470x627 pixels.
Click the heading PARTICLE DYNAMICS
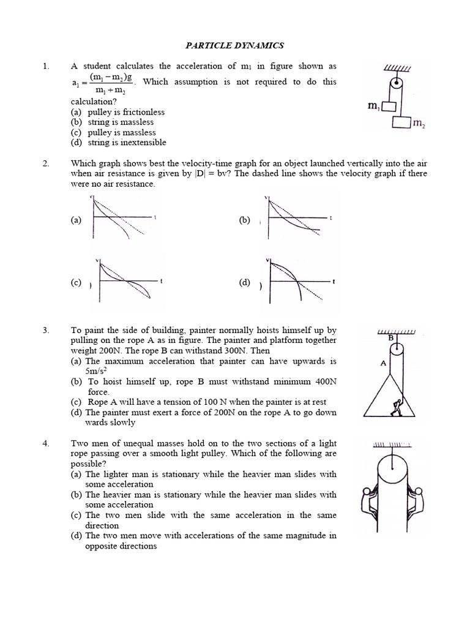pyautogui.click(x=235, y=45)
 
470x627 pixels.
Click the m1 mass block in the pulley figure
pyautogui.click(x=387, y=106)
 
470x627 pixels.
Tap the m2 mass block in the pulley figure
pyautogui.click(x=401, y=122)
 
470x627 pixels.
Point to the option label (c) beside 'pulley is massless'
pyautogui.click(x=76, y=132)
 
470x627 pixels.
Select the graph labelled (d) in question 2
pyautogui.click(x=299, y=282)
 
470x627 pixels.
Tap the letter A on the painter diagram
pyautogui.click(x=383, y=362)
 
